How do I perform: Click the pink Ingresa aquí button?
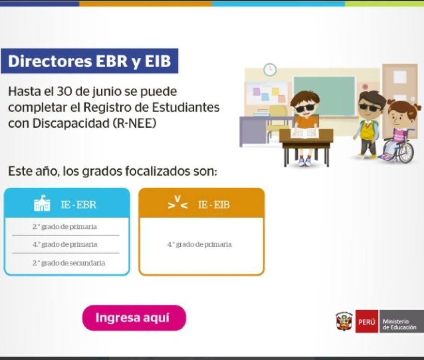(134, 318)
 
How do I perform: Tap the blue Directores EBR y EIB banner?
(90, 61)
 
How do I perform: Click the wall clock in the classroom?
(270, 69)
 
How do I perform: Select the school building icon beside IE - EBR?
(42, 203)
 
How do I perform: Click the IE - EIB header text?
(214, 204)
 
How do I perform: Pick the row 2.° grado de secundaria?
(69, 263)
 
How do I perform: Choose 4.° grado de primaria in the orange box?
(200, 244)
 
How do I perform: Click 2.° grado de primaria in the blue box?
(65, 227)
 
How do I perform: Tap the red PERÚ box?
(367, 321)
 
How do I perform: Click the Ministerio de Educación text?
(400, 324)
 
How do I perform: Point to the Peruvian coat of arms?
(344, 321)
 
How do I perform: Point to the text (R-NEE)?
(134, 123)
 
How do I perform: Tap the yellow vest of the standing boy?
(368, 128)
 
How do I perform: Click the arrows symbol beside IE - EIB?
(177, 203)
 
